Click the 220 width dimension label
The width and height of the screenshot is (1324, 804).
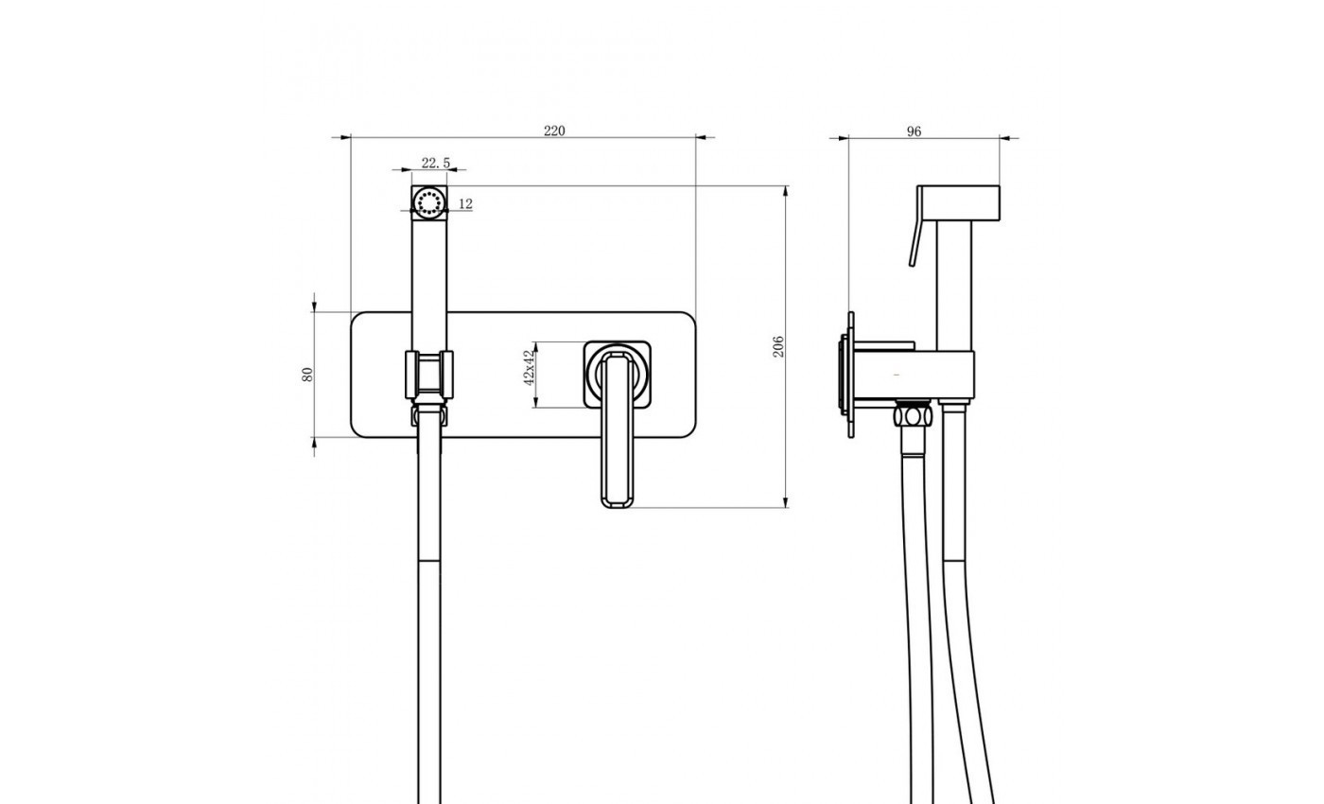point(554,131)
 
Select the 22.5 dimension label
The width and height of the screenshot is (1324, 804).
point(435,164)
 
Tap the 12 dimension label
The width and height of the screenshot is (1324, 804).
point(465,203)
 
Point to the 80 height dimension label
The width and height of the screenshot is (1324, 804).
point(307,375)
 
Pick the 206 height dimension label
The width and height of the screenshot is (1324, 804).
point(779,346)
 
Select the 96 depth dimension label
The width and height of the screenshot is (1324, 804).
point(914,131)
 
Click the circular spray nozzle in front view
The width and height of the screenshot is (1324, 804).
point(429,203)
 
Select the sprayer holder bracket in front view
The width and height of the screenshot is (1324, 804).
point(429,376)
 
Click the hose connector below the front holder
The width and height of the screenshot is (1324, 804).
point(428,414)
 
